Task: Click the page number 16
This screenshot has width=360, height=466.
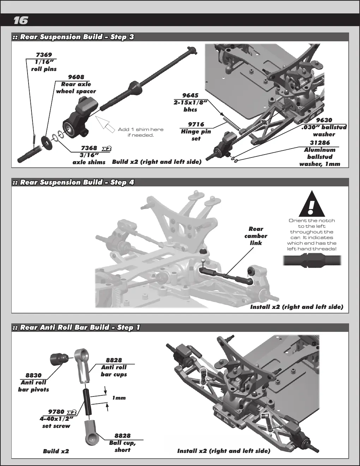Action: (x=21, y=20)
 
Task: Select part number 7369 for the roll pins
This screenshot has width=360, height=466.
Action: (x=44, y=55)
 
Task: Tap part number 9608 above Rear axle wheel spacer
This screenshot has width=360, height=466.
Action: (x=76, y=77)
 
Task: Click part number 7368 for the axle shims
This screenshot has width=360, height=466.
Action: (x=89, y=148)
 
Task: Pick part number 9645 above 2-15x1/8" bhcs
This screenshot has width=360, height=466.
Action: (x=190, y=95)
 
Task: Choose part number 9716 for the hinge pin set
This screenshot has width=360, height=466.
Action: (x=196, y=124)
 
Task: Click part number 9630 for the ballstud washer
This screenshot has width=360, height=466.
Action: (x=324, y=120)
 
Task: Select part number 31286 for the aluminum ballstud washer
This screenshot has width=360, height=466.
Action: (x=320, y=143)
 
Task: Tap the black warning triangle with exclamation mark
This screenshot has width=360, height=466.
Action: (x=312, y=204)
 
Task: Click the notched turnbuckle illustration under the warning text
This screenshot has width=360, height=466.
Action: (x=312, y=261)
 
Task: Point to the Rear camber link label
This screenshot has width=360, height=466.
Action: (x=256, y=236)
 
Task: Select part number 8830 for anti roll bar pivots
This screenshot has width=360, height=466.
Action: (x=34, y=375)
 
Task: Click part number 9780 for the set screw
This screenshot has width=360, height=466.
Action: (x=56, y=412)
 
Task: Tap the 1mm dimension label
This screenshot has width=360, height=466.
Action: (x=119, y=398)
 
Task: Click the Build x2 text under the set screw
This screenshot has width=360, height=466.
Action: (x=56, y=451)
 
